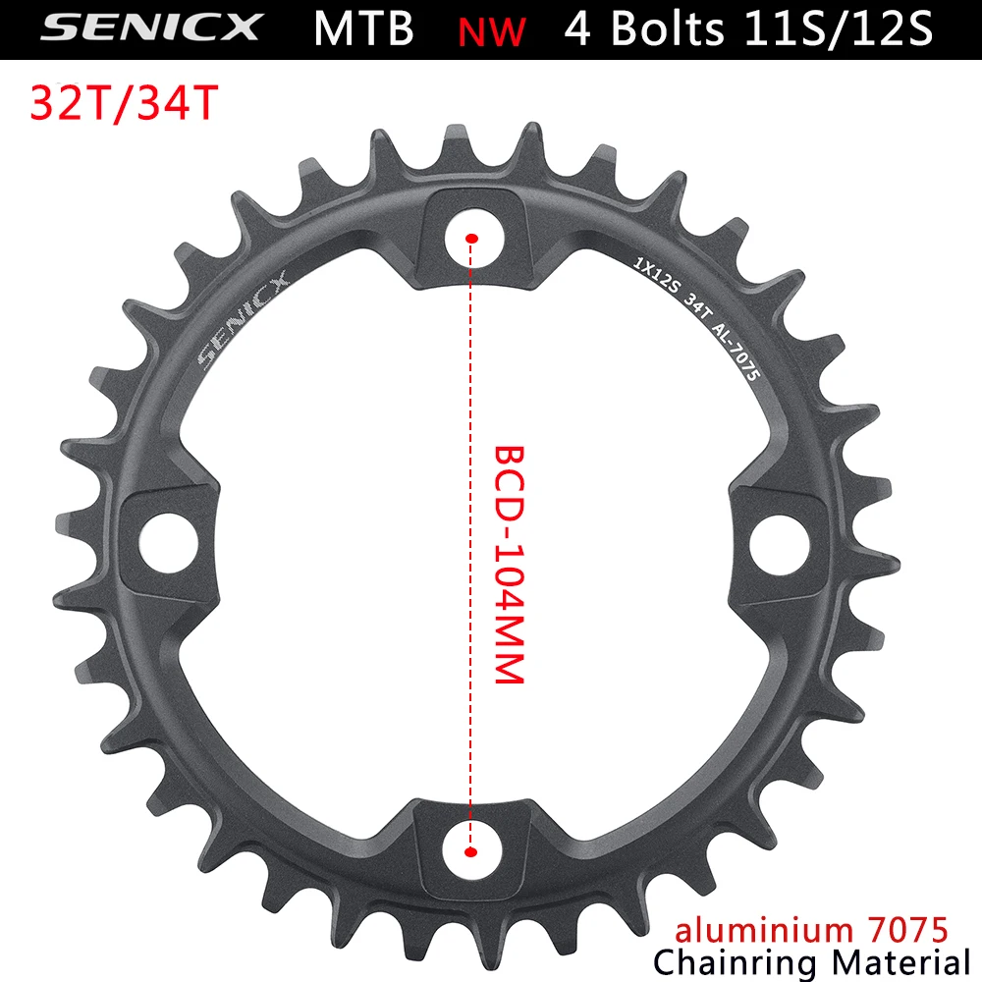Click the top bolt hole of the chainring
pyautogui.click(x=472, y=236)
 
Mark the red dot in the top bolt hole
pyautogui.click(x=472, y=238)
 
